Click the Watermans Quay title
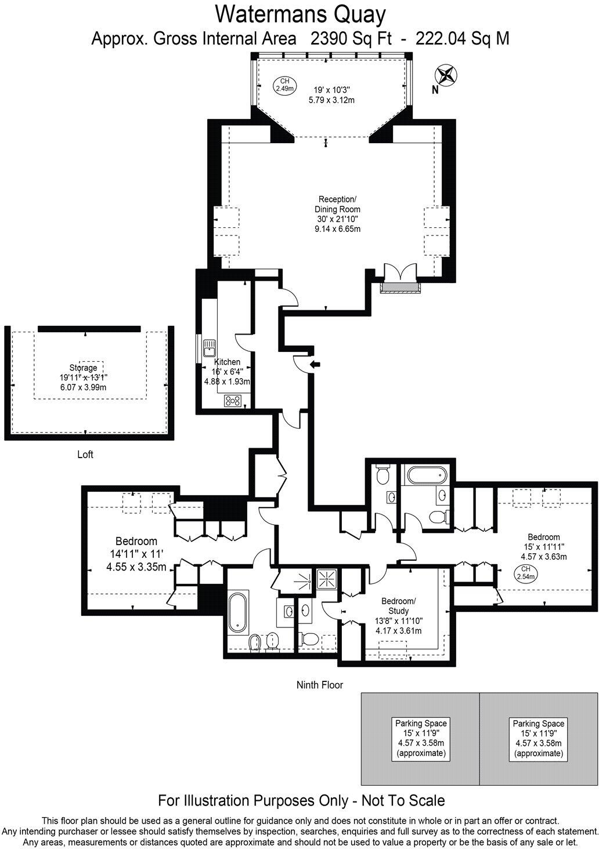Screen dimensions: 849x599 pos(300,13)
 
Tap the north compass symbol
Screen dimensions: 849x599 pos(447,75)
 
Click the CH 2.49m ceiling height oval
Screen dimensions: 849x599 pos(284,85)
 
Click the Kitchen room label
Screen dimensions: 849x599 pos(227,362)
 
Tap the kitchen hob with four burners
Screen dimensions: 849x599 pos(233,400)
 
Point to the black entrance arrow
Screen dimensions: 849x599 pos(315,364)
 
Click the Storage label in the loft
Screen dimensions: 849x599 pos(83,368)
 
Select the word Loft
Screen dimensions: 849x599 pos(85,455)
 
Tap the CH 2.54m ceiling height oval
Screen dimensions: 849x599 pos(525,573)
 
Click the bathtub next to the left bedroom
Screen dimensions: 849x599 pos(238,612)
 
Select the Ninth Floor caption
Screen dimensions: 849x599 pos(320,685)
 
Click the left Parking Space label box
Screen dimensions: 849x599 pos(421,738)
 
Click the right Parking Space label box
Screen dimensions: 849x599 pos(538,738)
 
